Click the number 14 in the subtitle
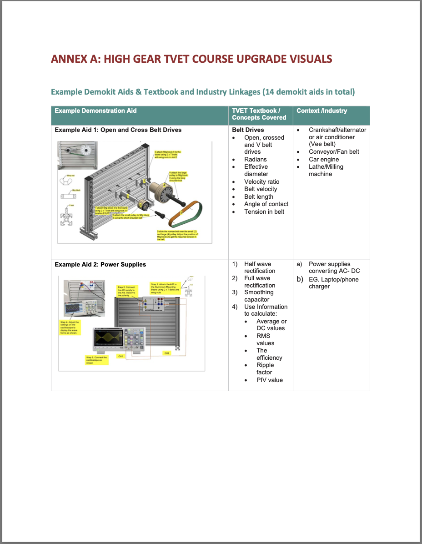pos(269,92)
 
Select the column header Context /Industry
pos(322,111)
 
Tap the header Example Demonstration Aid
pos(95,111)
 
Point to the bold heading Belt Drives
pos(248,130)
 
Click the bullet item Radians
pos(255,159)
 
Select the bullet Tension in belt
pos(264,212)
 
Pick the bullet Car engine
pos(324,159)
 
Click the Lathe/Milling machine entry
pos(326,170)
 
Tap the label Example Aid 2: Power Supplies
pos(100,264)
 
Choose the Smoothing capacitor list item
pos(258,296)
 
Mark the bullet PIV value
pos(269,380)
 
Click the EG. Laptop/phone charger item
pos(333,283)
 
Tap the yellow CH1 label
pos(121,356)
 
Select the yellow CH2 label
pos(167,353)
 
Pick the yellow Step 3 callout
pos(97,360)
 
